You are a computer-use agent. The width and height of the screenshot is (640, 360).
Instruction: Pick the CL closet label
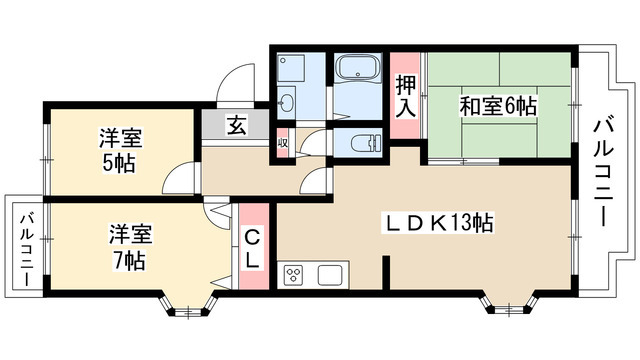point(254,249)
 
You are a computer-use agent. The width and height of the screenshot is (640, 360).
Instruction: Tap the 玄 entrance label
point(237,125)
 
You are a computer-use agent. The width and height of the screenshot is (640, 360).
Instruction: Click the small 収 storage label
point(283,141)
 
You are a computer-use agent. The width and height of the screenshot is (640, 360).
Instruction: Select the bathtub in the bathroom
point(357,72)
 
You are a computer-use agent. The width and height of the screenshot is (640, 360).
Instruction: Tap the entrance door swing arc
point(236,80)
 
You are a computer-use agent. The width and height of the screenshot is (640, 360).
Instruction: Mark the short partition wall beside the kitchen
point(385,273)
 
